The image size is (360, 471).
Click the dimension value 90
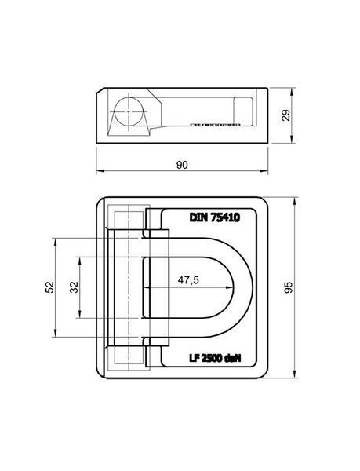click(x=182, y=165)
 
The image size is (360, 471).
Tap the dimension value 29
click(x=286, y=115)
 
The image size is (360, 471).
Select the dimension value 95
click(x=289, y=287)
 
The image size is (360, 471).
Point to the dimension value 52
click(x=49, y=287)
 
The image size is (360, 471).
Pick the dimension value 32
click(x=74, y=287)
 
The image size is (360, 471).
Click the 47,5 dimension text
click(x=188, y=280)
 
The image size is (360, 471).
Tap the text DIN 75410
click(x=214, y=217)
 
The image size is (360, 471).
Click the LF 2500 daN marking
click(x=215, y=358)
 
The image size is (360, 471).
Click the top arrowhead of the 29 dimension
click(x=292, y=91)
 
